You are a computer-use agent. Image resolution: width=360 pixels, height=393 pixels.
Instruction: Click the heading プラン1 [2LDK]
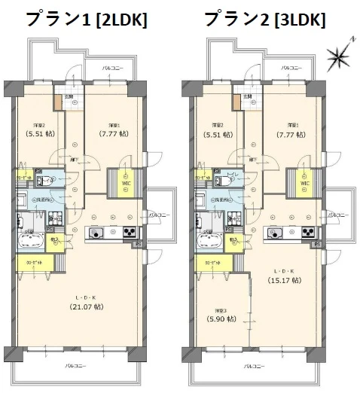coord(86,19)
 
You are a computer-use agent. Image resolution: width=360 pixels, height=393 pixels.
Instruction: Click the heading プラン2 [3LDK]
coord(264,19)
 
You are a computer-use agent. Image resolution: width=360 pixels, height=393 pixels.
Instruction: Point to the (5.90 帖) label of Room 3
coord(219,319)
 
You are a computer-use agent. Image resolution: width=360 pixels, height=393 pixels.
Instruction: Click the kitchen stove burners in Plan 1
coord(128,232)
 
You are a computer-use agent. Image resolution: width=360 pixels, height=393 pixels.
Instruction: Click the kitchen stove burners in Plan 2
coord(307,232)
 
